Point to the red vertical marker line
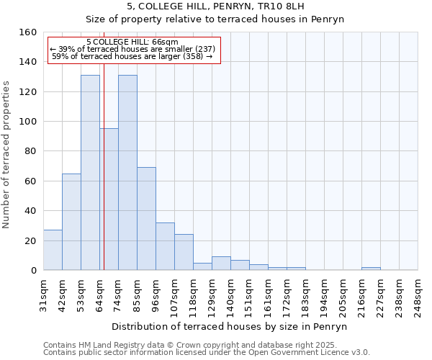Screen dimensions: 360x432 104,180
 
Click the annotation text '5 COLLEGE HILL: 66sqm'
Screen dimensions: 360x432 132,42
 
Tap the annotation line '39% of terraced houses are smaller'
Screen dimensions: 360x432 132,49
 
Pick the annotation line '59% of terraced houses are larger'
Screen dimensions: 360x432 132,56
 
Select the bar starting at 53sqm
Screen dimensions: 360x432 90,173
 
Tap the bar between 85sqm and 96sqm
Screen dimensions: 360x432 146,219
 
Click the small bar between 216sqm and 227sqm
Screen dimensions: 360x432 371,269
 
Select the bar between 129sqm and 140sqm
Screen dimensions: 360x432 221,264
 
